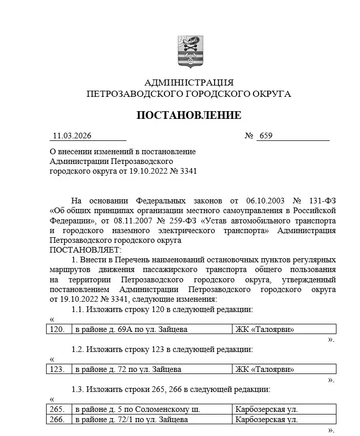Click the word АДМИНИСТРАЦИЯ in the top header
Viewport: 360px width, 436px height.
[189, 82]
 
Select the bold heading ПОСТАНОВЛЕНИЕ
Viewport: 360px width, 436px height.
[188, 115]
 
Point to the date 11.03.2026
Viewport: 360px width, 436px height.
[72, 136]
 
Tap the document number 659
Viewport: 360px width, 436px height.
[266, 136]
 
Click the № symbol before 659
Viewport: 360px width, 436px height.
[249, 136]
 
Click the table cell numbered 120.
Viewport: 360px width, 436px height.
[57, 329]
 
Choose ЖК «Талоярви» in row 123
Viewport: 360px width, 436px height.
[265, 369]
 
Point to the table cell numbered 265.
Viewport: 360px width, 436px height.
[57, 409]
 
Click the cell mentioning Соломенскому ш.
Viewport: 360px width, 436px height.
[137, 409]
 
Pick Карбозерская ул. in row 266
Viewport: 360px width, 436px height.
[266, 420]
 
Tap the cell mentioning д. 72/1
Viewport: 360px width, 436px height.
[131, 420]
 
